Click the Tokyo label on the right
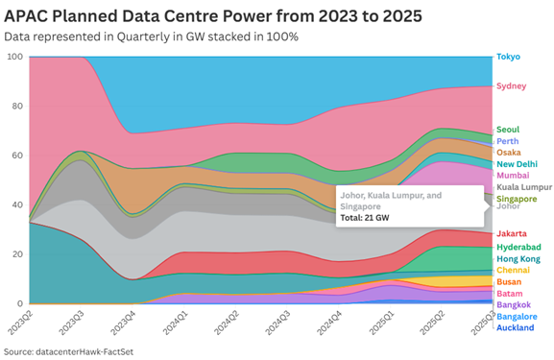508,57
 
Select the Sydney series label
510,86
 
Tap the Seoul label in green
508,130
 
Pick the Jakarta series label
511,234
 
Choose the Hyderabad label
517,247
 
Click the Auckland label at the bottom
514,327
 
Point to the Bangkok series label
513,304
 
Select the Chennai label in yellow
513,270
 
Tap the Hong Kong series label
518,258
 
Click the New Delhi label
517,164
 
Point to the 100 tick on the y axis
14,57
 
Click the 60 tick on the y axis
17,156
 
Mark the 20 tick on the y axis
17,254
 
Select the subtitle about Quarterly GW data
151,36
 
